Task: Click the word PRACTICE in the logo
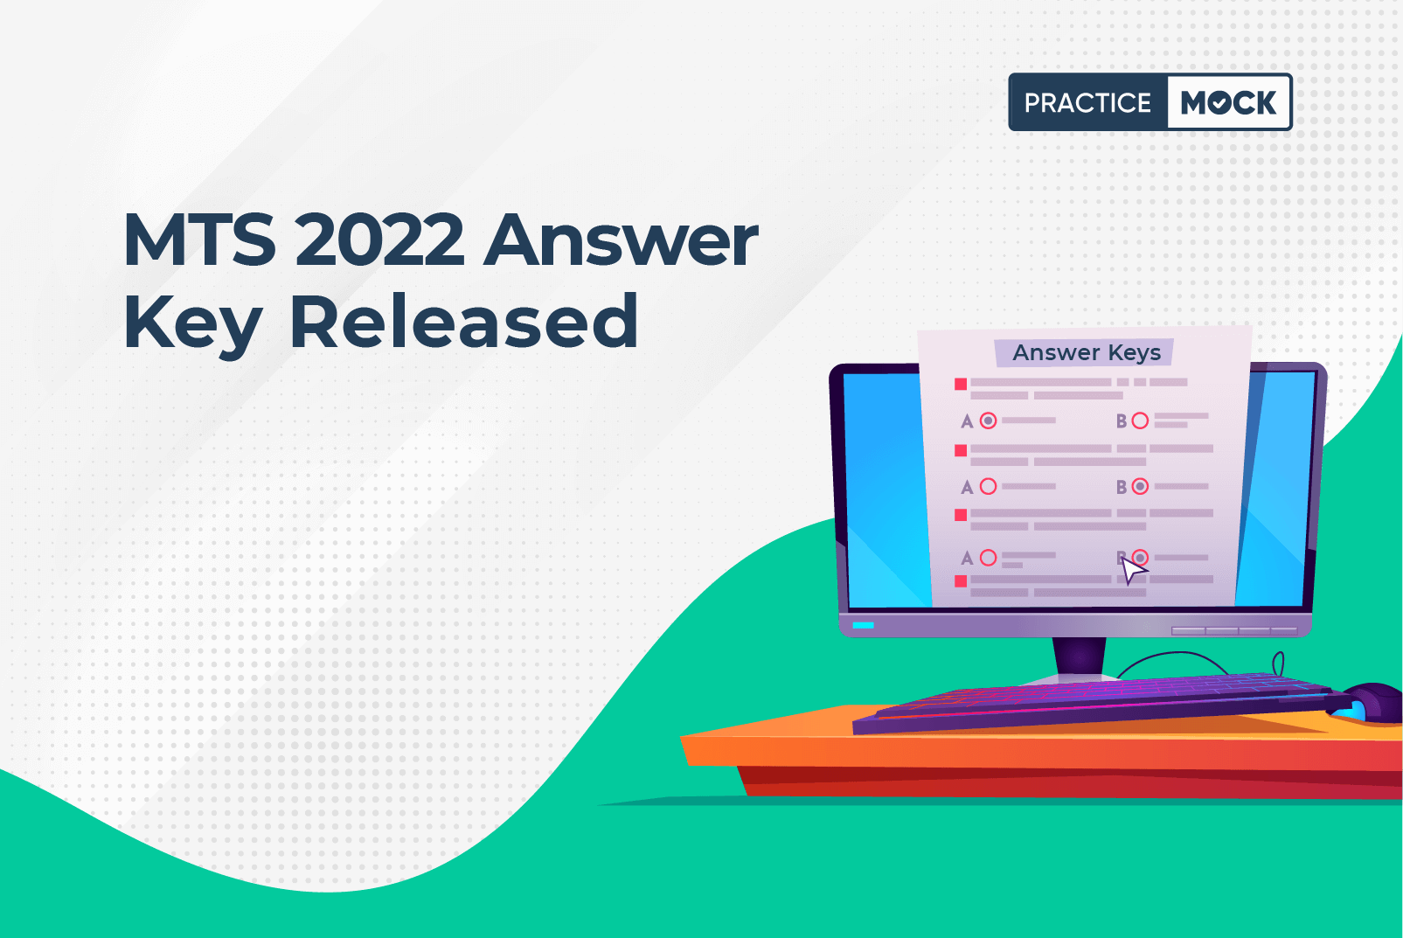coord(1087,102)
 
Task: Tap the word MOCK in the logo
coord(1228,102)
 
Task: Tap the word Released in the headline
coord(464,321)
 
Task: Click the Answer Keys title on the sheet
coord(1087,352)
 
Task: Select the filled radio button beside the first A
coord(989,420)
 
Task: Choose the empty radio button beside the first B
coord(1140,420)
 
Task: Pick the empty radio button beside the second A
coord(989,486)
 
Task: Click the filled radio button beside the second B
coord(1140,486)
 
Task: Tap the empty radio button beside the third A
coord(989,557)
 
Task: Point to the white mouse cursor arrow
coord(1131,570)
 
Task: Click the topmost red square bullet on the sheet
coord(961,384)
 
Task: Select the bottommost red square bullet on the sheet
coord(961,581)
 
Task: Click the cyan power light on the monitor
coord(863,625)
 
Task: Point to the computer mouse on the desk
coord(1371,703)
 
